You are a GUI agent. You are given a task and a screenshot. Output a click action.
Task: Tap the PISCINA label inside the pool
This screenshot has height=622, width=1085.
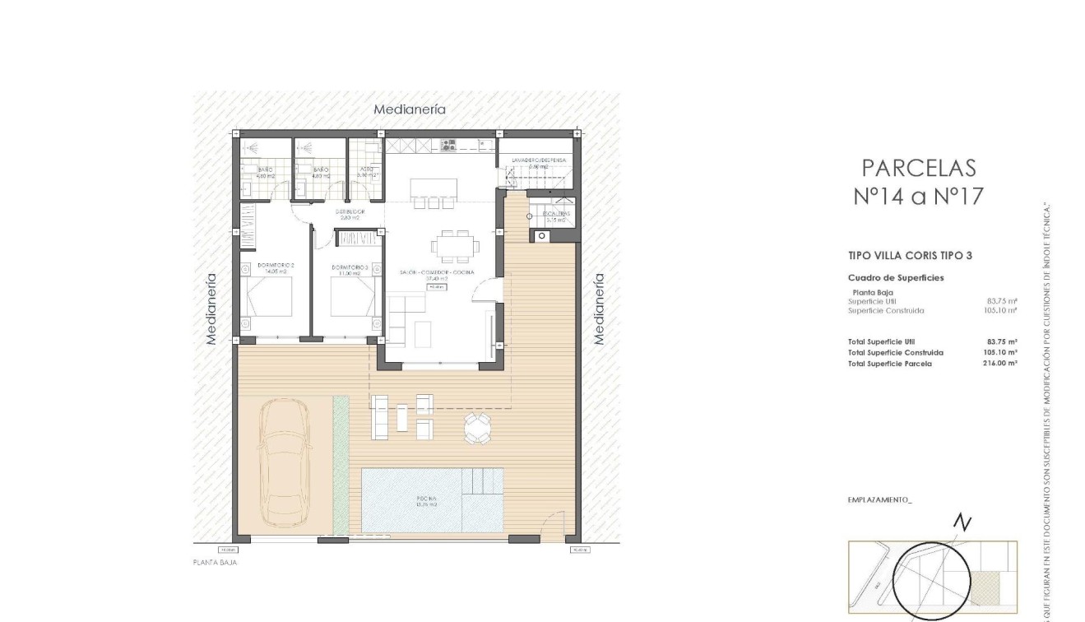click(426, 499)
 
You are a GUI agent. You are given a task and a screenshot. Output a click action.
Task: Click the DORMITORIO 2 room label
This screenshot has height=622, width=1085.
click(276, 266)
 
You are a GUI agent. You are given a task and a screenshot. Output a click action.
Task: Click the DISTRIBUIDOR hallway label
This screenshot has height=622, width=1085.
click(350, 212)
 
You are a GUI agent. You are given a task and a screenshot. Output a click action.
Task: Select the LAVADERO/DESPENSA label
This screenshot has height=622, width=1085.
click(539, 160)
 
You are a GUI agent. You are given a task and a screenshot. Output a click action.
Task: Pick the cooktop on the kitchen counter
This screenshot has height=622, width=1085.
click(448, 146)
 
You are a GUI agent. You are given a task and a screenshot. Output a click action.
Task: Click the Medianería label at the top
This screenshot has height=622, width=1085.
click(410, 109)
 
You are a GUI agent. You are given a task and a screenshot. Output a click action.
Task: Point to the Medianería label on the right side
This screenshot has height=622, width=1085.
click(599, 309)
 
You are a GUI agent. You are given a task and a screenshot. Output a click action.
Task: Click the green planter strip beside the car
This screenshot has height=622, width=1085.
click(341, 465)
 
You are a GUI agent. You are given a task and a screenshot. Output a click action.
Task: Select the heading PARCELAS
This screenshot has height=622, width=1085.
click(918, 168)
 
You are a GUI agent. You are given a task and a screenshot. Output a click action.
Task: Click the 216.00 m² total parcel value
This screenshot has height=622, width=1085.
click(1000, 363)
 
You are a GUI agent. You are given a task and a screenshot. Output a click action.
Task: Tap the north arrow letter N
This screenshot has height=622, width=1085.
click(962, 523)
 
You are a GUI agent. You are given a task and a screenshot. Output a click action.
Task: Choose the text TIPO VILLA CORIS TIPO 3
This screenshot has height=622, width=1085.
click(910, 256)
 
